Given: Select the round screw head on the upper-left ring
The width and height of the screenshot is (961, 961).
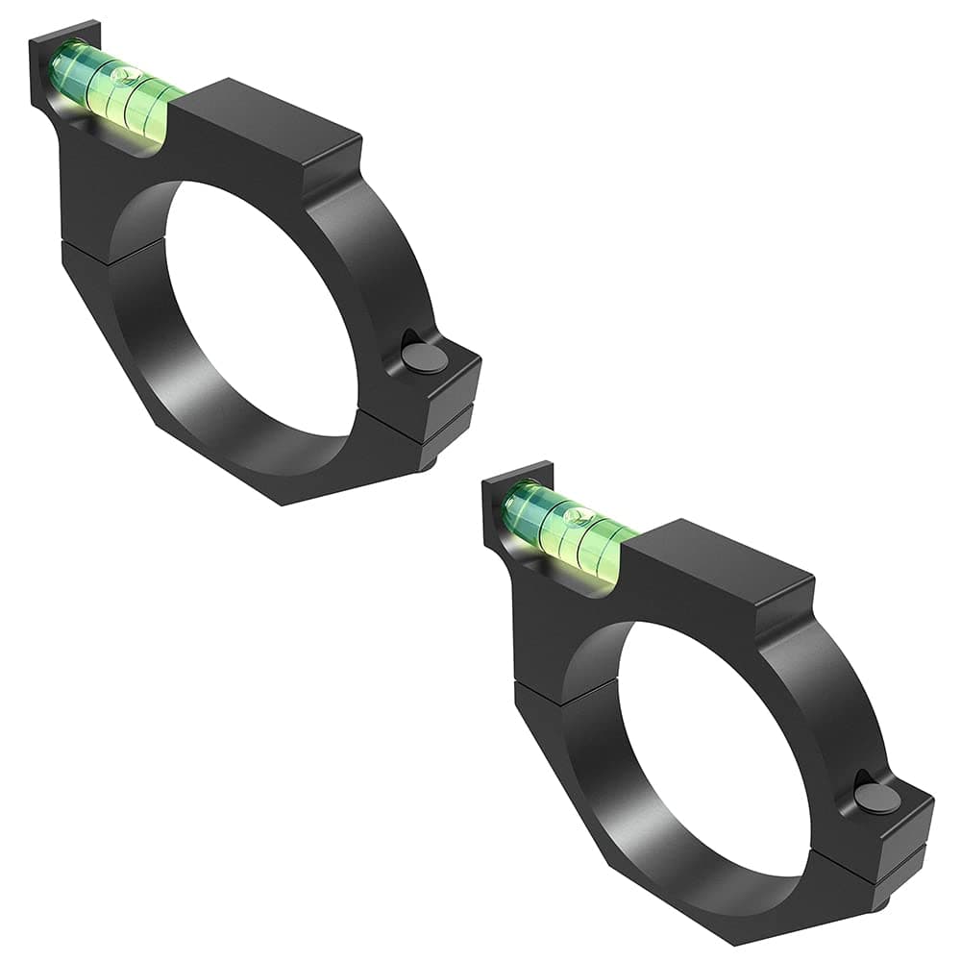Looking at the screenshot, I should (x=424, y=358).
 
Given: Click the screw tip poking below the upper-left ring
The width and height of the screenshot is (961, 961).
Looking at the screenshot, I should (x=430, y=462).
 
